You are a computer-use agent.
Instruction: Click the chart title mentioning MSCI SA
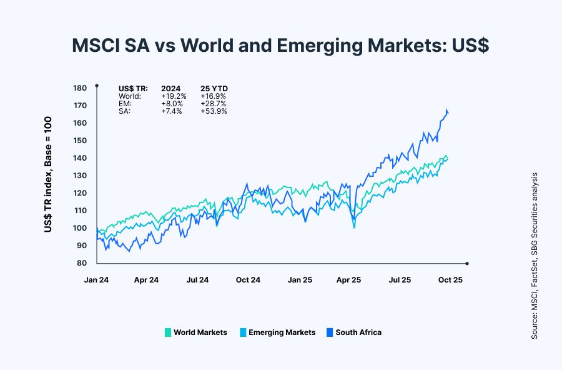tap(280, 46)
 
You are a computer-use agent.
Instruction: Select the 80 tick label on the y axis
tap(81, 263)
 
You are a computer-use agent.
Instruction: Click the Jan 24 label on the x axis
tap(96, 280)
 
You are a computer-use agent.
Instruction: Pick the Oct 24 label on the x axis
tap(248, 280)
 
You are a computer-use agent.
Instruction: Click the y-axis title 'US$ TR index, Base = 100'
tap(48, 176)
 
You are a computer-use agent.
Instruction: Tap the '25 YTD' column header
tap(214, 89)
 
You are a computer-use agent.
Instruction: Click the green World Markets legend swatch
tap(167, 332)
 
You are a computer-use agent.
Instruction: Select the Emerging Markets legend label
tap(282, 332)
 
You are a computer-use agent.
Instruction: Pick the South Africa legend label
tap(358, 332)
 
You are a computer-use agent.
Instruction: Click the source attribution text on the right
tap(535, 256)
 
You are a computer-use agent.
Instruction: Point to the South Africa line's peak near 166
tap(446, 110)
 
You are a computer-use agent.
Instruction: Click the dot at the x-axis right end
tap(466, 263)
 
